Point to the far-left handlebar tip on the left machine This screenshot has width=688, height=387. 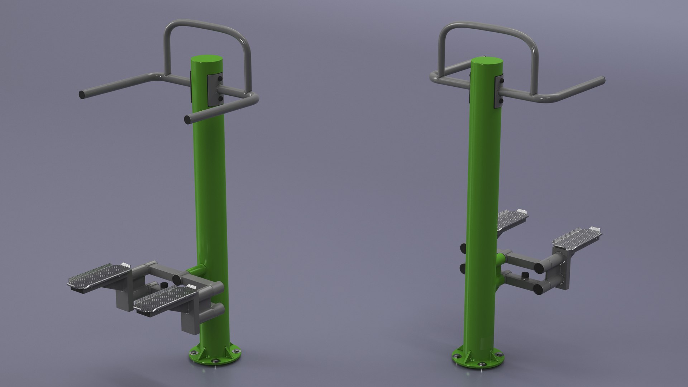point(82,95)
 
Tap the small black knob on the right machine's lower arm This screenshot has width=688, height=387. point(526,275)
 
